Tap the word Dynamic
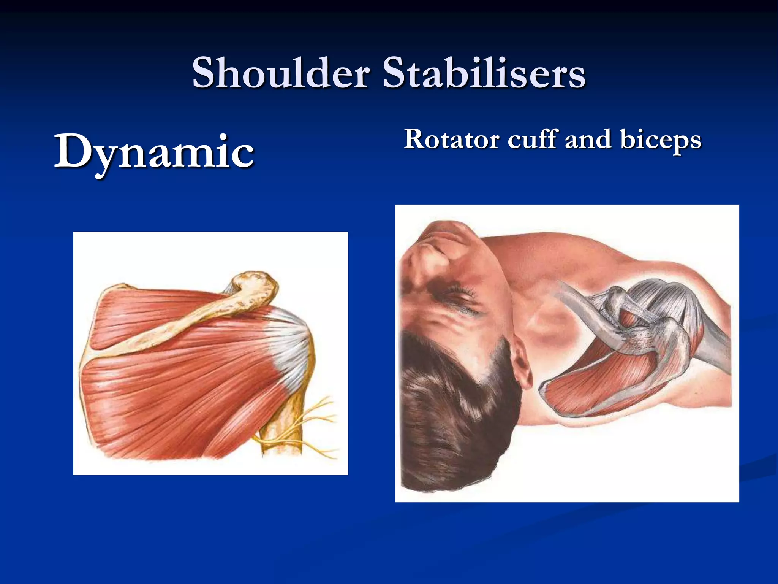pos(154,152)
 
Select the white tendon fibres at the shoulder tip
pos(291,342)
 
